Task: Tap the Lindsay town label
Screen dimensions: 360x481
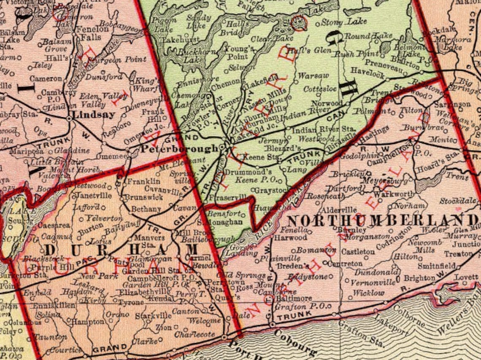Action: click(x=89, y=114)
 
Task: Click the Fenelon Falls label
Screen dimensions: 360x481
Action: click(x=89, y=33)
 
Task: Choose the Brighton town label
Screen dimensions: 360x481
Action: click(x=419, y=278)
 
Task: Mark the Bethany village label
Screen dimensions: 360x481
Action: click(x=146, y=209)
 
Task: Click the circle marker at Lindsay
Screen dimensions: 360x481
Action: click(x=69, y=119)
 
